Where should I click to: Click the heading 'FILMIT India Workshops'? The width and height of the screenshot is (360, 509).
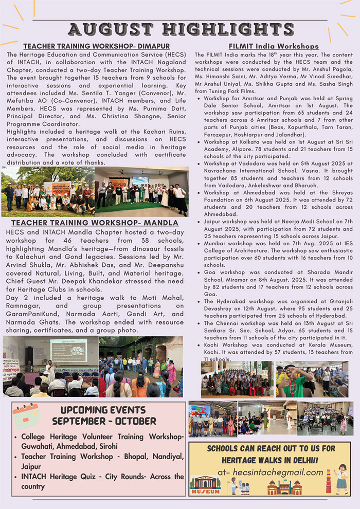click(273, 47)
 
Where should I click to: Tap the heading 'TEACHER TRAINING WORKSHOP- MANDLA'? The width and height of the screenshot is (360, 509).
click(95, 223)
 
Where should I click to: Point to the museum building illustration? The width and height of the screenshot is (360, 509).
click(205, 485)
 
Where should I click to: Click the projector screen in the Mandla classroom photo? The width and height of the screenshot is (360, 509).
click(68, 350)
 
